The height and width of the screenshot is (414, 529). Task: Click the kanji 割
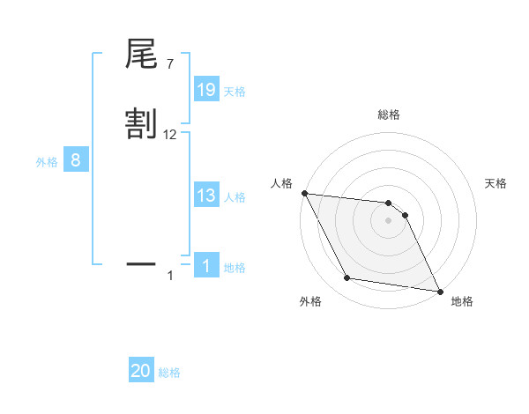[x=141, y=123]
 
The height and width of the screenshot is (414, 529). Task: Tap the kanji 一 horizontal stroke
[x=141, y=262]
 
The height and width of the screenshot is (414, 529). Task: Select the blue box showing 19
[x=206, y=90]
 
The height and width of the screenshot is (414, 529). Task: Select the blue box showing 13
[x=206, y=196]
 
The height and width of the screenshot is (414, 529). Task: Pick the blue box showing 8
[x=76, y=160]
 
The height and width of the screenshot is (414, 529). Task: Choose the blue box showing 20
[x=141, y=371]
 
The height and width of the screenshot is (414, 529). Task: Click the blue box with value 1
[x=206, y=266]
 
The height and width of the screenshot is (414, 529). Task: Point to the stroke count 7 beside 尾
[x=169, y=64]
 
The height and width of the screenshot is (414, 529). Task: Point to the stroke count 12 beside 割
[x=170, y=135]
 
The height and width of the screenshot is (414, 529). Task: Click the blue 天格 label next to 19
[x=235, y=92]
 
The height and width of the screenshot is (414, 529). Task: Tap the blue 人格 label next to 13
[x=235, y=197]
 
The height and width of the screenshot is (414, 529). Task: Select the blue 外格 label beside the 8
[x=47, y=162]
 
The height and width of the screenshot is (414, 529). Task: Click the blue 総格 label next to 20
[x=169, y=373]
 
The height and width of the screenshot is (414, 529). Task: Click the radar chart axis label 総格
[x=389, y=115]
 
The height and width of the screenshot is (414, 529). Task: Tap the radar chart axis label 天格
[x=496, y=183]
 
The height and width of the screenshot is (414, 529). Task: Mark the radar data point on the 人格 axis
[x=304, y=193]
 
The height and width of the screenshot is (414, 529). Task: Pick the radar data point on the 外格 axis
[x=347, y=278]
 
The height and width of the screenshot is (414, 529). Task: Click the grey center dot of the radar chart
[x=389, y=220]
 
